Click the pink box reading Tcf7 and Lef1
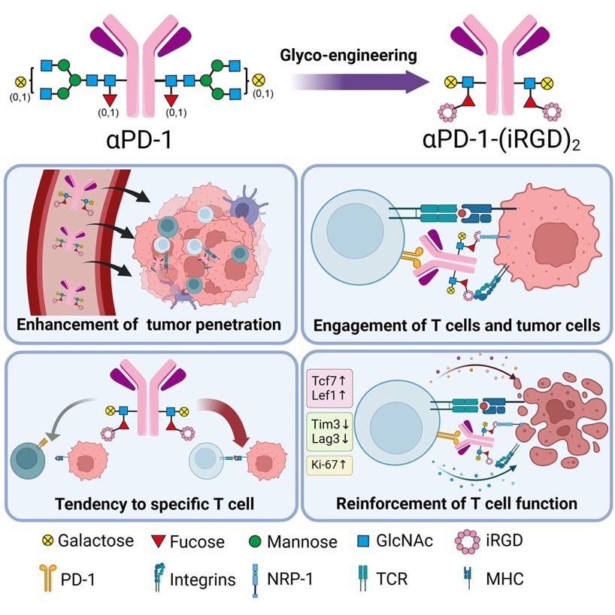[328, 384]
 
